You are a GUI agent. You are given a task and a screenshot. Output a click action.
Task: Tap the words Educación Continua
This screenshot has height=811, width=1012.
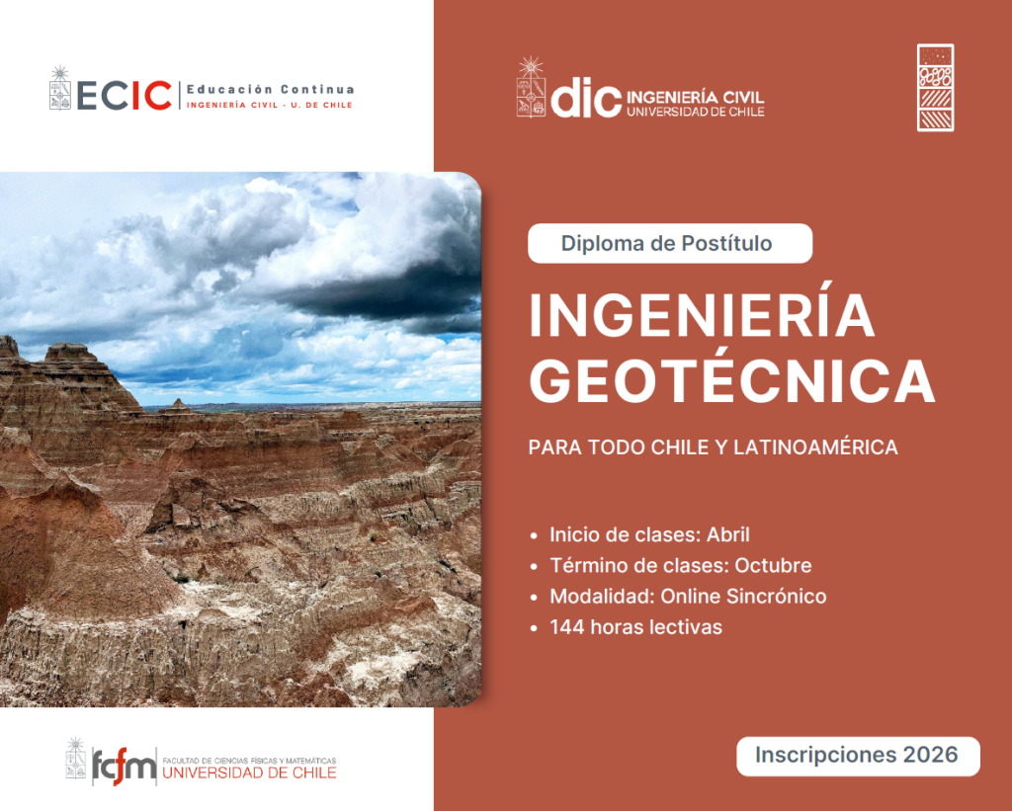[271, 89]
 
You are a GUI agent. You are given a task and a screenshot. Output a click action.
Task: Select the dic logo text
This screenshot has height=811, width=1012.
[586, 98]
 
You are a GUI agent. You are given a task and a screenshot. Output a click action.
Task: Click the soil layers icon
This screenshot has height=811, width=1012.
[935, 88]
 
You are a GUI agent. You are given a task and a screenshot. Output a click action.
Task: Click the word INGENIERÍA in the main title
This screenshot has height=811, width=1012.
[702, 316]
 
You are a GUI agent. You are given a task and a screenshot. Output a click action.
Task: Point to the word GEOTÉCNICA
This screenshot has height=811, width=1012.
[732, 381]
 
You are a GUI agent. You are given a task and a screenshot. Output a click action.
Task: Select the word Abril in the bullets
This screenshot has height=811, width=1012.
[728, 534]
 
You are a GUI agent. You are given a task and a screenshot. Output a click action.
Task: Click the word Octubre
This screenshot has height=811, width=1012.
[773, 566]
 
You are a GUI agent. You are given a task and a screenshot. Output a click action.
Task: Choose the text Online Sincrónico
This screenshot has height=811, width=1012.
[743, 597]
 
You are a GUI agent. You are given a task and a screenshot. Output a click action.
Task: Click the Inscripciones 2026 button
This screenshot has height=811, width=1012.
[858, 756]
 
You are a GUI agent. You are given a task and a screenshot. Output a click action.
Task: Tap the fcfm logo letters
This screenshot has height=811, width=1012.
[124, 766]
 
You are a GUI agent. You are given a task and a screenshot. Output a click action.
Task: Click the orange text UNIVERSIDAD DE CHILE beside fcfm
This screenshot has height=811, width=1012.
[249, 772]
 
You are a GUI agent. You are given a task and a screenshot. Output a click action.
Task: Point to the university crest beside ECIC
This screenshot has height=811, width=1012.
[60, 88]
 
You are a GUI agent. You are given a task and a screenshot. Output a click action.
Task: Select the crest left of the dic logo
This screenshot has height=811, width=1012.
[531, 87]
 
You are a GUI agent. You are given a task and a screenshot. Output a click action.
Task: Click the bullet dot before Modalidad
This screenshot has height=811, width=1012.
[534, 598]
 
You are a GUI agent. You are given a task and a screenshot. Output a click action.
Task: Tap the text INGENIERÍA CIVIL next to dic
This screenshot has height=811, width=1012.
[695, 98]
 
